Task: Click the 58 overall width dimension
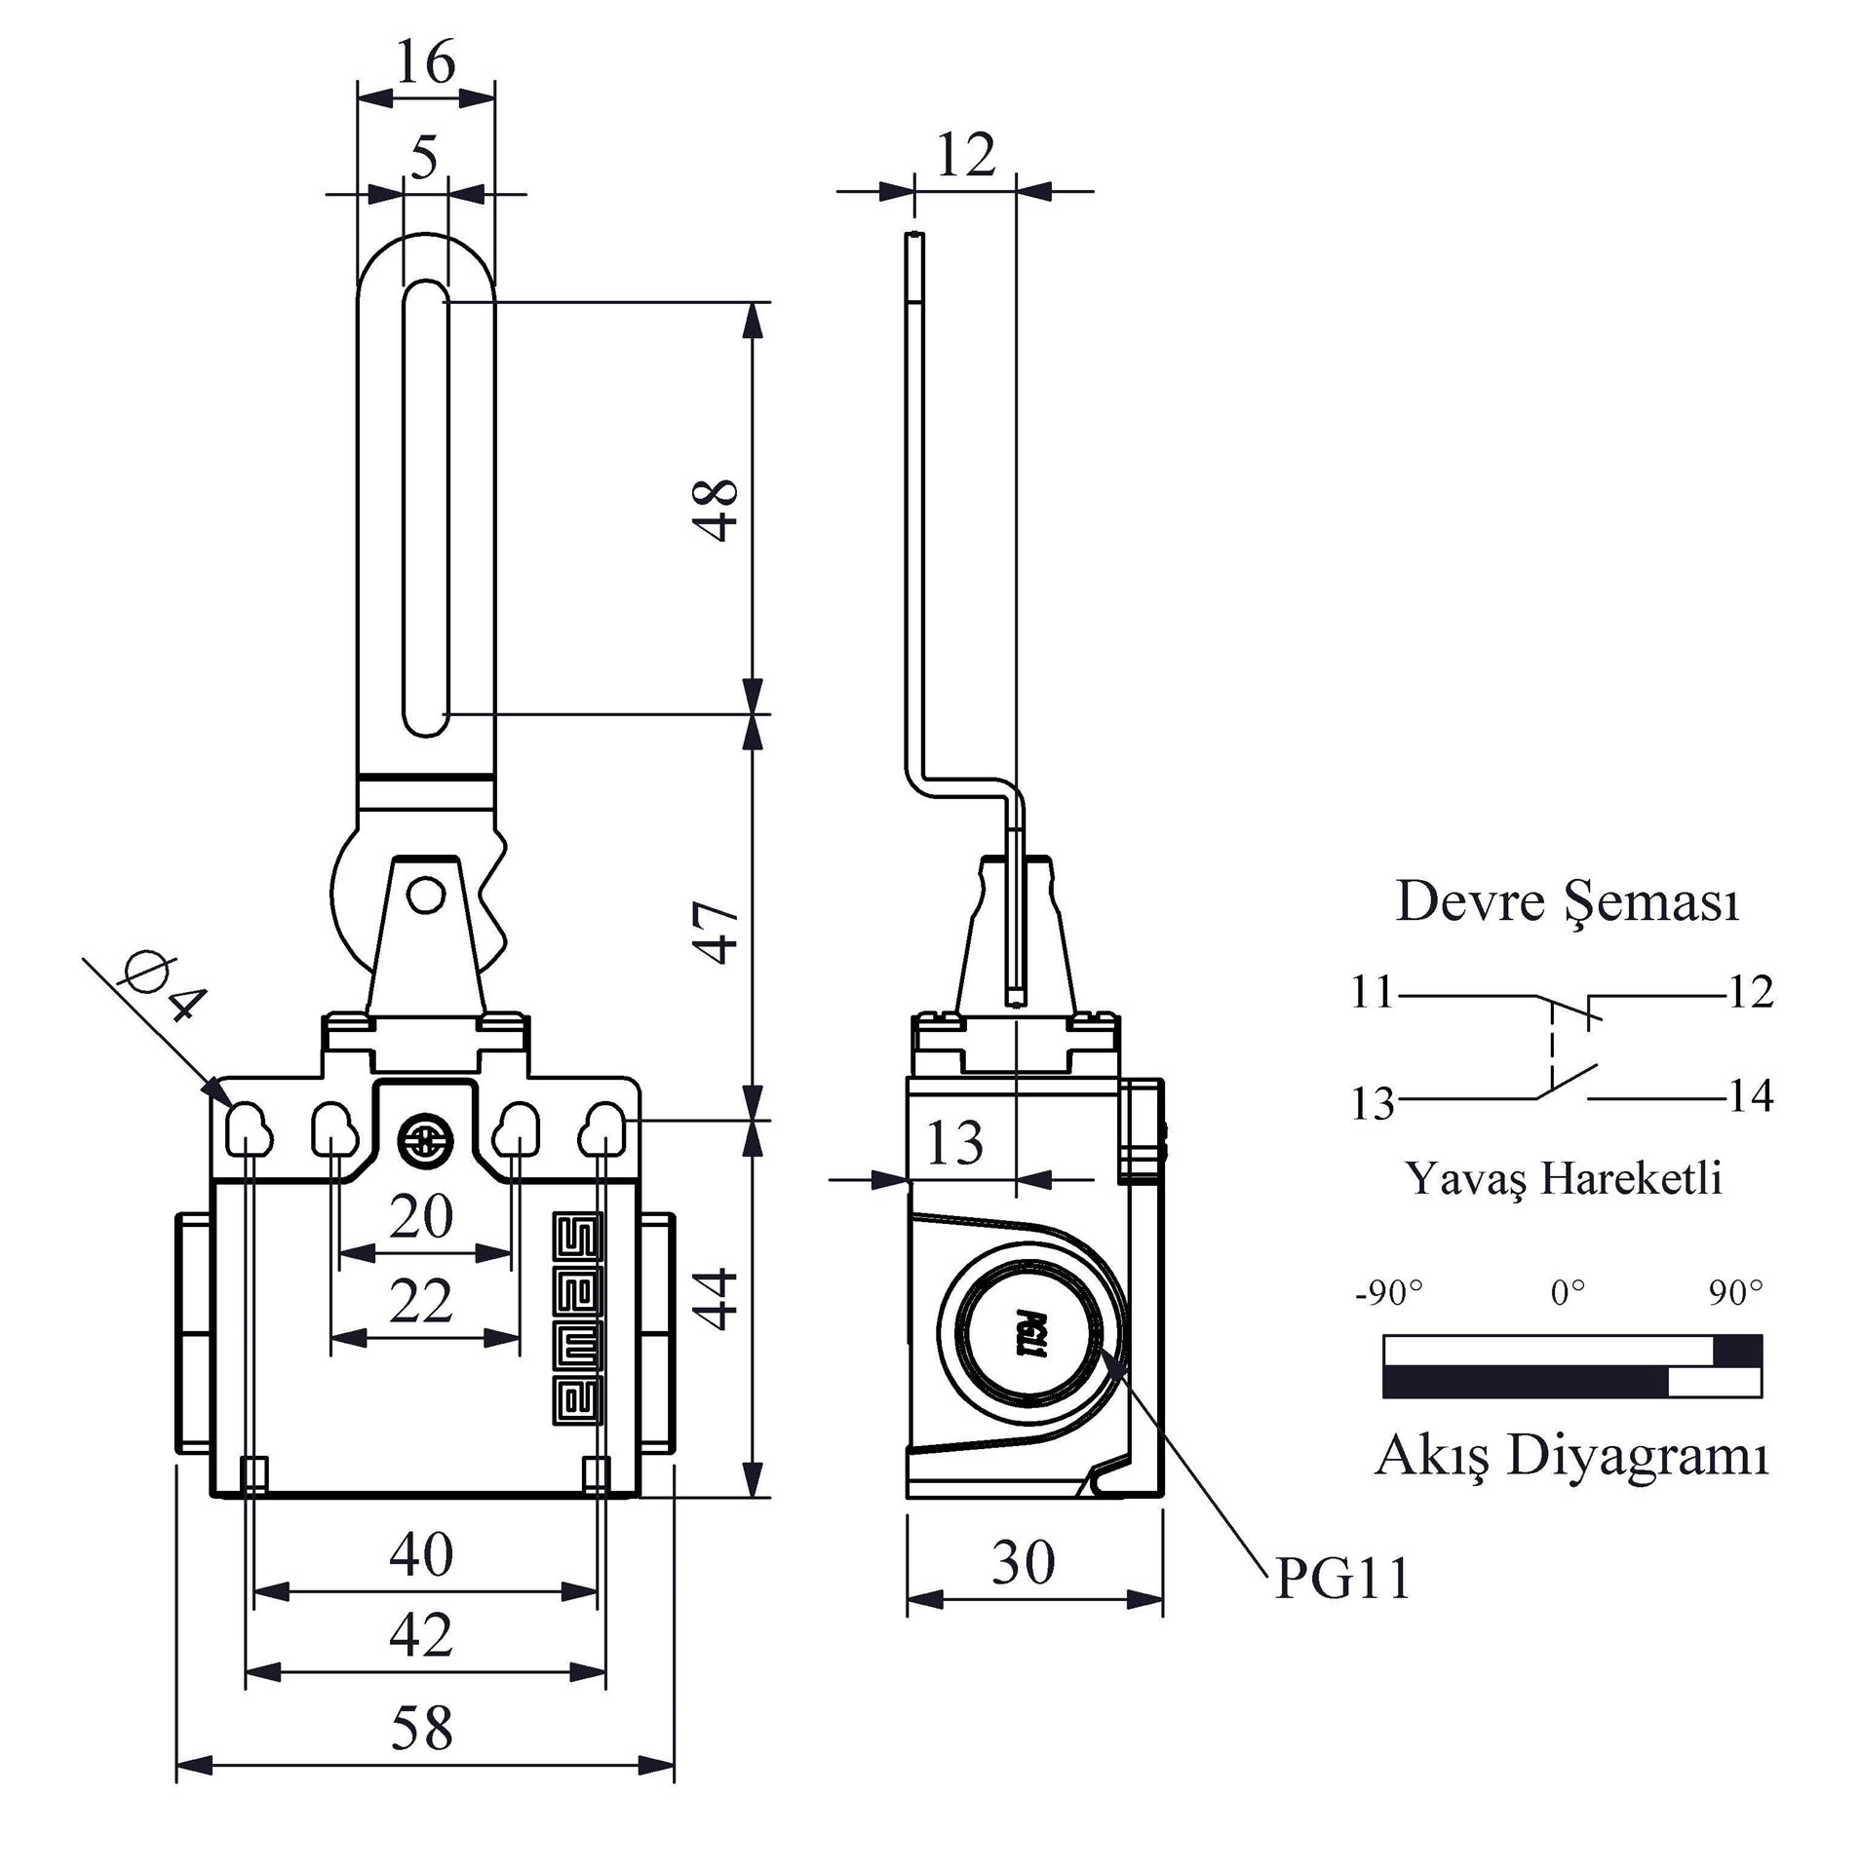click(x=422, y=1727)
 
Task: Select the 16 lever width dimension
click(x=426, y=62)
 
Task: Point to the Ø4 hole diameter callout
click(x=164, y=988)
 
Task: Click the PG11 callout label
click(x=1342, y=1579)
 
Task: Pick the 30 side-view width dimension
click(x=1024, y=1562)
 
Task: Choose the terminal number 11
click(x=1373, y=992)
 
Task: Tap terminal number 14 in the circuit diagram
click(x=1751, y=1096)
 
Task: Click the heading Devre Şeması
click(x=1567, y=901)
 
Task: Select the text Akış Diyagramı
click(x=1571, y=1456)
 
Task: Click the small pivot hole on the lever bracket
click(x=425, y=894)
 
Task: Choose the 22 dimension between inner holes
click(x=421, y=1301)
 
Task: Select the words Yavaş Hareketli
click(x=1563, y=1178)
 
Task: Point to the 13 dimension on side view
click(x=953, y=1143)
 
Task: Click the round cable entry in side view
click(x=1029, y=1335)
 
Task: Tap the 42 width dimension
click(x=421, y=1635)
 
